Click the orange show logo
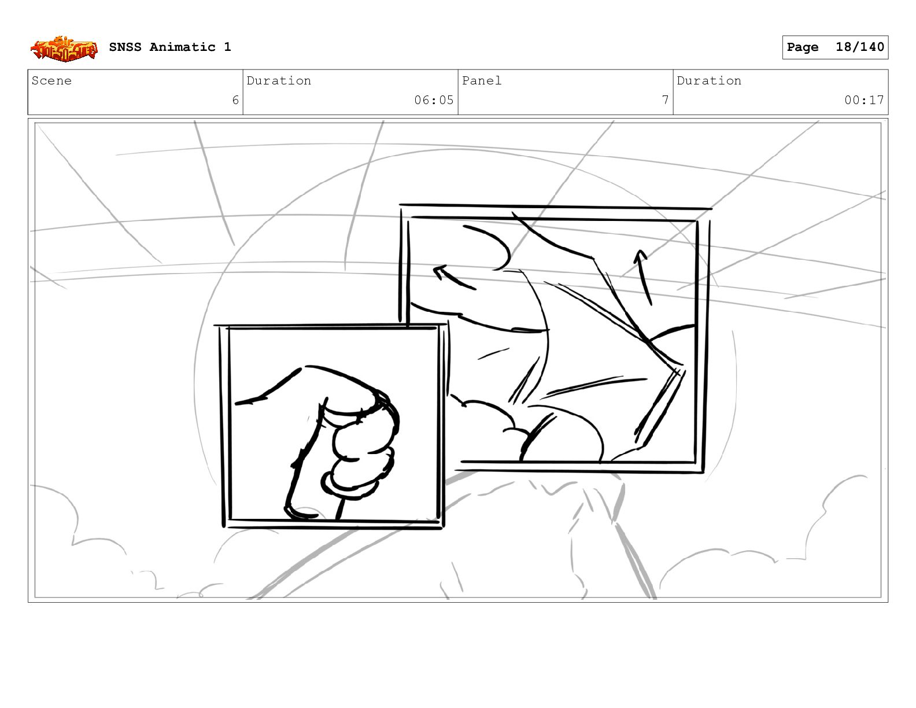[64, 49]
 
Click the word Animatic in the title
[182, 47]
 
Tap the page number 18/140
[859, 47]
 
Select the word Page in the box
[802, 47]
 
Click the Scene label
[51, 80]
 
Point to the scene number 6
[235, 100]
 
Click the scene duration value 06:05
[433, 100]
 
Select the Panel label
[481, 80]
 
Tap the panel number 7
[665, 100]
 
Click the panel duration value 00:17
[864, 100]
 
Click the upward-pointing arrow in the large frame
[644, 276]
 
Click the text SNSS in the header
[125, 47]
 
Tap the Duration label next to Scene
[279, 80]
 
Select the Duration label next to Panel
[708, 80]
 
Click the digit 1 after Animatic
[228, 47]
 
